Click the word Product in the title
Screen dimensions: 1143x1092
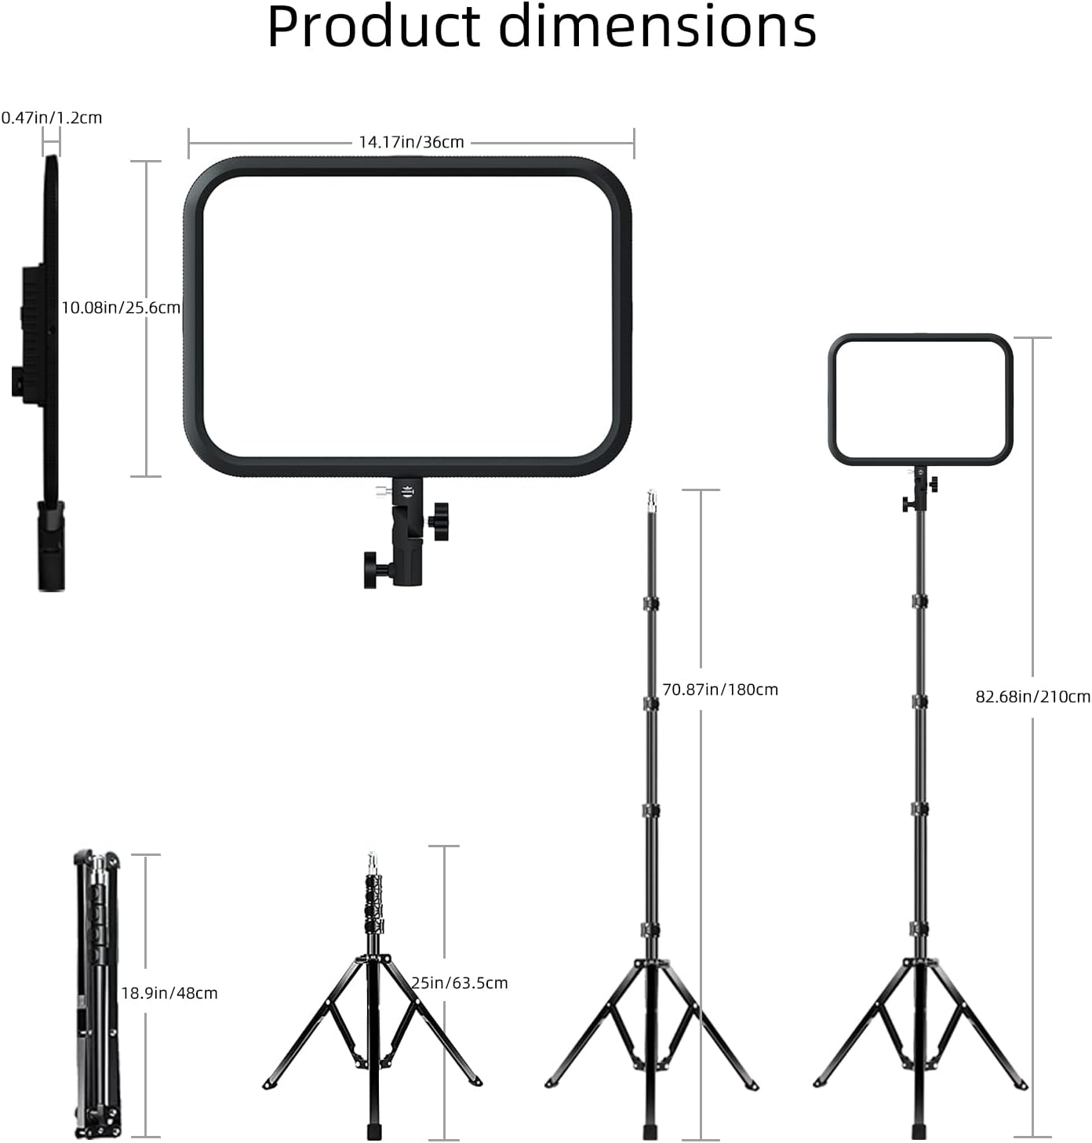(x=373, y=28)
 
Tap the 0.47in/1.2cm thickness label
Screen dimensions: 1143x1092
(x=52, y=118)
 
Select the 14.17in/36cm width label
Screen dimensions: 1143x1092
(x=411, y=142)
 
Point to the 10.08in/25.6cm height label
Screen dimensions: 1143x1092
(x=121, y=308)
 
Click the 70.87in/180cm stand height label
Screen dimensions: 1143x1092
(x=719, y=690)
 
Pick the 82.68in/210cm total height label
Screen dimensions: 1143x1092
(x=1032, y=697)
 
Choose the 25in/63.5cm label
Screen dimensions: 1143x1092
(x=460, y=983)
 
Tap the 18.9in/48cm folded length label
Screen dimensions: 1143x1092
(x=169, y=993)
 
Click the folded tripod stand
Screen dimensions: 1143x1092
(x=96, y=995)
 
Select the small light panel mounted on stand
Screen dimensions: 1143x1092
(x=920, y=399)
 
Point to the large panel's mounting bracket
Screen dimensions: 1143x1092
(x=407, y=533)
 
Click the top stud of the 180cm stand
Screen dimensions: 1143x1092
(x=650, y=499)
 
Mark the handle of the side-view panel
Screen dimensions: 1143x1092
(x=51, y=546)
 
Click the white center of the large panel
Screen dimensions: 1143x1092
(x=407, y=315)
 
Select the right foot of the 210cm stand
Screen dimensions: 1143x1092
(x=1021, y=1085)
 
